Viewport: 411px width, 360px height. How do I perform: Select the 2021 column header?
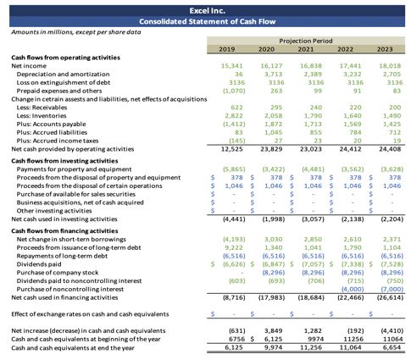click(x=306, y=49)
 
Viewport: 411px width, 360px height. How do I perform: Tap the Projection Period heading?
click(x=306, y=41)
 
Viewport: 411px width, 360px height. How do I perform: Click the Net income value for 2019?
click(x=231, y=66)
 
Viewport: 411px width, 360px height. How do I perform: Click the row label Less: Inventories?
click(x=42, y=116)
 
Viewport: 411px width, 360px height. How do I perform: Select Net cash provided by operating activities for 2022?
click(x=350, y=149)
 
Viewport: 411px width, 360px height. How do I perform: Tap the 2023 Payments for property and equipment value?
click(x=392, y=169)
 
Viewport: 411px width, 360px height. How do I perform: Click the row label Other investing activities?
click(x=54, y=211)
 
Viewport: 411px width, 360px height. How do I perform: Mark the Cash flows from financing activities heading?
click(x=64, y=231)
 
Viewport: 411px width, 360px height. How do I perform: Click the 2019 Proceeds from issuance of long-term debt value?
click(x=234, y=247)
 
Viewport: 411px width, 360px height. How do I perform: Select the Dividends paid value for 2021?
click(x=313, y=264)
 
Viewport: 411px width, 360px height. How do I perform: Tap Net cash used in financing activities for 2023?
click(x=390, y=297)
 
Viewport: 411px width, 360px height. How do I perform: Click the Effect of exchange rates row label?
click(x=90, y=314)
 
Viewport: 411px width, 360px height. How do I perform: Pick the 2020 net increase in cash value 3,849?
click(x=273, y=330)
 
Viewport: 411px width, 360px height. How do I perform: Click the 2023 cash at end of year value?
click(x=392, y=347)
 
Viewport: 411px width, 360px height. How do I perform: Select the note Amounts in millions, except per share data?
click(x=76, y=32)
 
